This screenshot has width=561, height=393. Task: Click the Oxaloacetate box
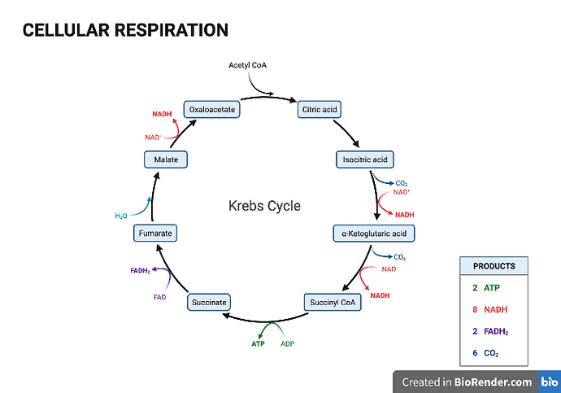(211, 108)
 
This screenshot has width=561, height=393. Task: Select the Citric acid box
(320, 108)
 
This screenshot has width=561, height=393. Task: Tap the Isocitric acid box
(365, 159)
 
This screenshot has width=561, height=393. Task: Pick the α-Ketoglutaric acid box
(374, 234)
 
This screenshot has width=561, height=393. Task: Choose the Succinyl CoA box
(329, 303)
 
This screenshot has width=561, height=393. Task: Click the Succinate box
(209, 303)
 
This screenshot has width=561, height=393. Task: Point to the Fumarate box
(154, 234)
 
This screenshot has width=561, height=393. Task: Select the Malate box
(166, 159)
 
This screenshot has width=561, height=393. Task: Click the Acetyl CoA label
(248, 64)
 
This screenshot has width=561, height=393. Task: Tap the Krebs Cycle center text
(263, 206)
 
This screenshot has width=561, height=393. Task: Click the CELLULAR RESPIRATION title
(125, 30)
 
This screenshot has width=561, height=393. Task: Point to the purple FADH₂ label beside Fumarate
(141, 269)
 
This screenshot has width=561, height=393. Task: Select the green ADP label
(287, 344)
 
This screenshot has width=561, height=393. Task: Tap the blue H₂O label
(120, 216)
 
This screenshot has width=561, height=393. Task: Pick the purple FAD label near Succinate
(159, 297)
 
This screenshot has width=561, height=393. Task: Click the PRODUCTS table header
(494, 266)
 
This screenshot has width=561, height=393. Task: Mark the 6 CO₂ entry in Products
(485, 353)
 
